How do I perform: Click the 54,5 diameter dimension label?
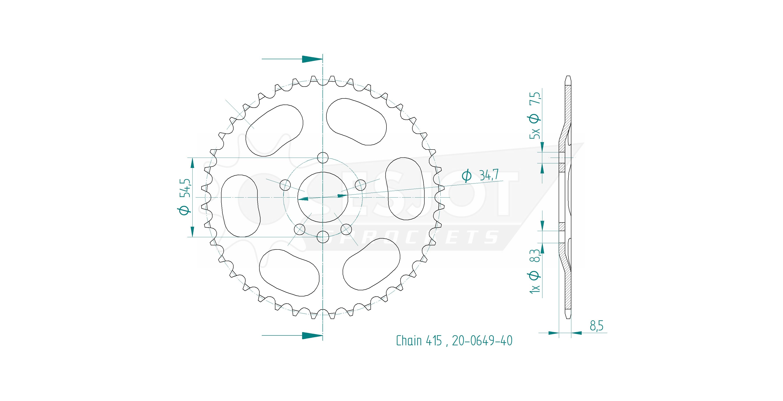[185, 197]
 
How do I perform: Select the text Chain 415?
[419, 341]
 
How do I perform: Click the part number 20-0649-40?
[482, 341]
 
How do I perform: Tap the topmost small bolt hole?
[323, 158]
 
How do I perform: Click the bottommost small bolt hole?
[323, 237]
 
